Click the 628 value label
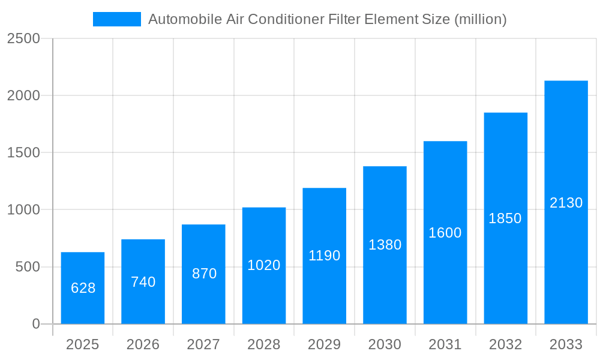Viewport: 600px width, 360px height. click(x=83, y=288)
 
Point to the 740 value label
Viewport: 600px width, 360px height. click(x=143, y=282)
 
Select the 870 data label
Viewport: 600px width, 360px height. click(x=204, y=274)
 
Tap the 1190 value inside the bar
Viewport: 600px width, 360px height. click(x=325, y=256)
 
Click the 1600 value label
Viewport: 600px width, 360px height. click(x=445, y=233)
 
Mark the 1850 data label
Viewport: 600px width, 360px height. click(x=505, y=218)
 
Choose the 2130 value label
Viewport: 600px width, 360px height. click(x=566, y=203)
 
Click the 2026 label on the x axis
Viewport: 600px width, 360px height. click(x=143, y=345)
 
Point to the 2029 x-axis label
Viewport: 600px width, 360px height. click(x=325, y=345)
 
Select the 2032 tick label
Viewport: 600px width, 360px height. click(x=505, y=345)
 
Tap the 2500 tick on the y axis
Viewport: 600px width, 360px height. click(x=23, y=38)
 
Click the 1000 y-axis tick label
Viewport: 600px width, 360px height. click(x=23, y=210)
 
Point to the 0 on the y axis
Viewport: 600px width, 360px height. click(x=35, y=324)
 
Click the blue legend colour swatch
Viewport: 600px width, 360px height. click(x=116, y=19)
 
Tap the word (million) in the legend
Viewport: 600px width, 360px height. click(x=480, y=19)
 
